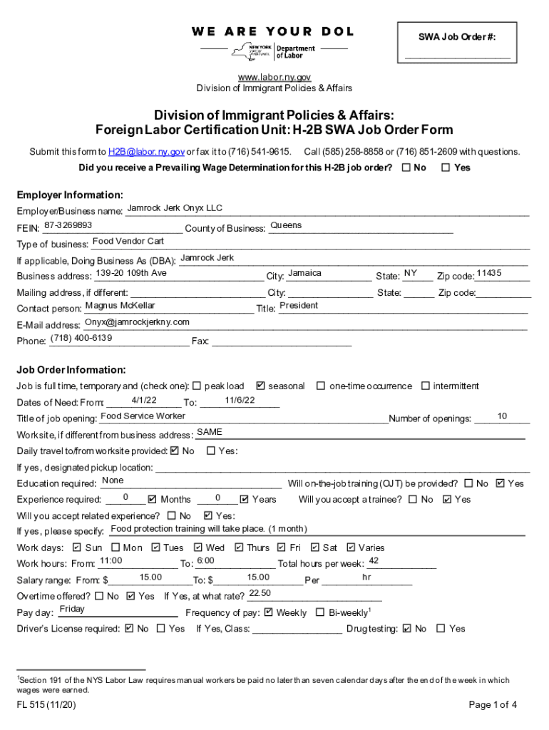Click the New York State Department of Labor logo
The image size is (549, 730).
pyautogui.click(x=274, y=51)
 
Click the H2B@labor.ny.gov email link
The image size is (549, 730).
pyautogui.click(x=146, y=152)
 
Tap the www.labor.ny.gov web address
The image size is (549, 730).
pyautogui.click(x=274, y=77)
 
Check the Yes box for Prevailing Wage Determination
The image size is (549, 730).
pyautogui.click(x=446, y=168)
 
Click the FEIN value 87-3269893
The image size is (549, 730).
pyautogui.click(x=68, y=225)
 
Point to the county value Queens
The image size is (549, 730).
pyautogui.click(x=286, y=225)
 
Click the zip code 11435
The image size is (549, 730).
pyautogui.click(x=489, y=274)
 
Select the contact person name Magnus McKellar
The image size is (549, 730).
pyautogui.click(x=120, y=306)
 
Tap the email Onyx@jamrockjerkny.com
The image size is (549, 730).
pyautogui.click(x=137, y=322)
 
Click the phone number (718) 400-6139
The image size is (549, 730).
pyautogui.click(x=81, y=338)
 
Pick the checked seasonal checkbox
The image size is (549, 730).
pyautogui.click(x=260, y=386)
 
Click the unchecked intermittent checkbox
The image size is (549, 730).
pyautogui.click(x=426, y=386)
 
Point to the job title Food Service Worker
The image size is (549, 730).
pyautogui.click(x=143, y=416)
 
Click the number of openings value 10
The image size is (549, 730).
pyautogui.click(x=502, y=416)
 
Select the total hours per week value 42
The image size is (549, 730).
pyautogui.click(x=374, y=561)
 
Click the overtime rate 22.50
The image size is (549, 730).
pyautogui.click(x=260, y=593)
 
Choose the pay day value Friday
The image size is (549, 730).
pyautogui.click(x=72, y=610)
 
